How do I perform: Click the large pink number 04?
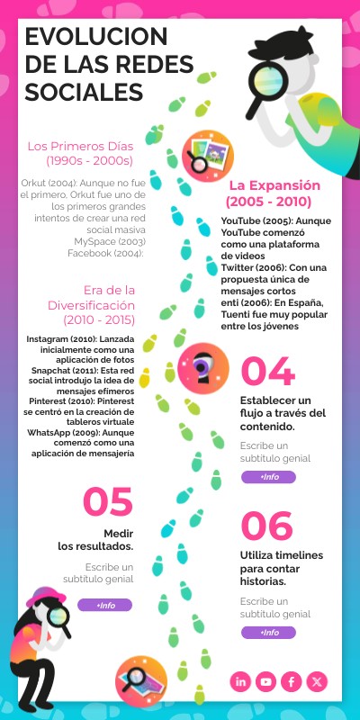(267, 373)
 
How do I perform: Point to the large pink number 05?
(108, 502)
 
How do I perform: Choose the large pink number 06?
(267, 526)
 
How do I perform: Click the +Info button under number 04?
(268, 477)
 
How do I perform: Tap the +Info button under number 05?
(104, 605)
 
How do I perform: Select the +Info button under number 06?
(268, 633)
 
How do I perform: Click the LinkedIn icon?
(241, 681)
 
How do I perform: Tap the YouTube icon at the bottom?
(266, 681)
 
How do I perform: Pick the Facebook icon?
(292, 681)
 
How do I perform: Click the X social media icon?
(317, 681)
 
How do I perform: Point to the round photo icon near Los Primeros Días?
(202, 153)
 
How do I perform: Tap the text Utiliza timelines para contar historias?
(282, 568)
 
